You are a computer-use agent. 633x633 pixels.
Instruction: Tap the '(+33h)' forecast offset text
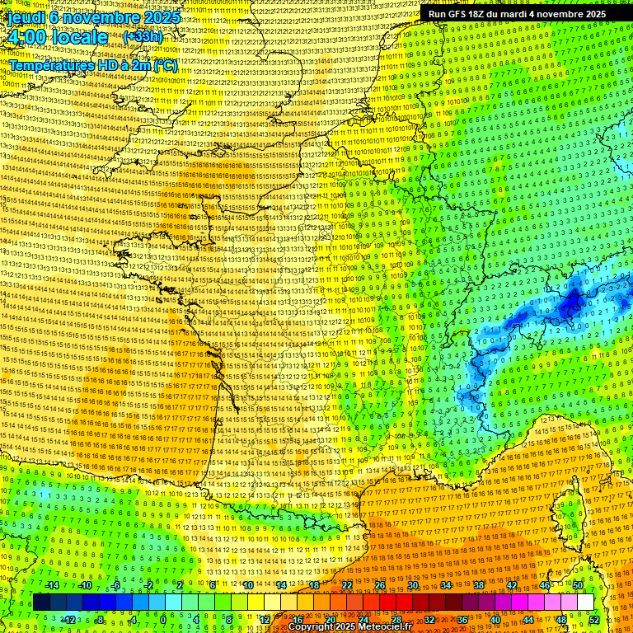pos(143,37)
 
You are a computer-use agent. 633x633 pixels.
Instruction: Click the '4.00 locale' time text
pos(56,37)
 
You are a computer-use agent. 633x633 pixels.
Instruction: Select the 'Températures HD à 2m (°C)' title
pos(92,64)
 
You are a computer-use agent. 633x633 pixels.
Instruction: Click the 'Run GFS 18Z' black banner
pos(517,14)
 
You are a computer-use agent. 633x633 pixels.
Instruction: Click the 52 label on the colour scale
pos(594,620)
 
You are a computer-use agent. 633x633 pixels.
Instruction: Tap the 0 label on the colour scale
pos(163,620)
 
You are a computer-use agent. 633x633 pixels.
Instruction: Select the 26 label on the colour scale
pos(380,585)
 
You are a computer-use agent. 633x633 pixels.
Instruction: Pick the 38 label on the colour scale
pos(479,585)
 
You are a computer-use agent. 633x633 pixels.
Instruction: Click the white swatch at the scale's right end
pos(585,603)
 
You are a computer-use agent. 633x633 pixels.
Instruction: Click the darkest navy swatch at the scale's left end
pos(41,603)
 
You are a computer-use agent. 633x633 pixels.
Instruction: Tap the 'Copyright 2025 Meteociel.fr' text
pos(349,626)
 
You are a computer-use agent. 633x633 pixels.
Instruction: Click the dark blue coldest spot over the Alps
pos(570,305)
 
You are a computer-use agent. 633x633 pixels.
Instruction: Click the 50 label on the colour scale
pos(578,585)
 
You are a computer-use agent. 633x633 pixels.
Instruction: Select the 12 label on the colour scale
pos(265,620)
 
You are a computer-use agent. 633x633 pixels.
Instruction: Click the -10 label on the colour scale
pos(84,585)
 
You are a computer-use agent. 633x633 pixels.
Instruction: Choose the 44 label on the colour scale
pos(528,620)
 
